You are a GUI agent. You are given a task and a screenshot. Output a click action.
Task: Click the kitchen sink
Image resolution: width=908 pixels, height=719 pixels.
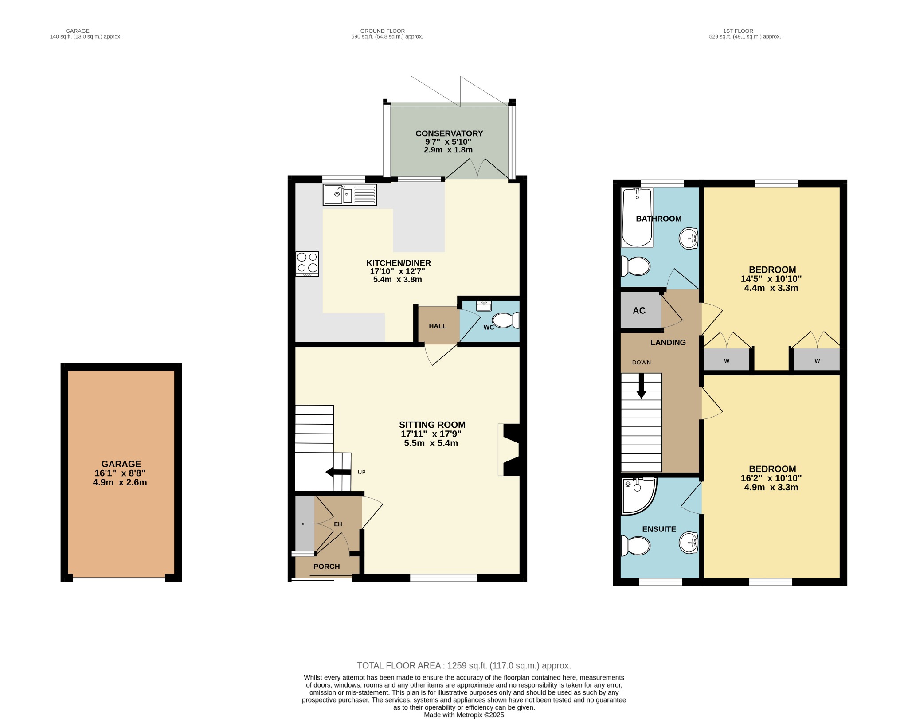pos(350,195)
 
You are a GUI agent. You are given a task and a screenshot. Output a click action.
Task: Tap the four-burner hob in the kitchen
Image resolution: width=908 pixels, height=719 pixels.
pos(307,264)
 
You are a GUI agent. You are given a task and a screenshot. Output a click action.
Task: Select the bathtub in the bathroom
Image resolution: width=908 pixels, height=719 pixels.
pos(637,217)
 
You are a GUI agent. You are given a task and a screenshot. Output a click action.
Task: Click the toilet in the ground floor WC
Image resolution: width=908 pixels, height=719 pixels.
pos(505,320)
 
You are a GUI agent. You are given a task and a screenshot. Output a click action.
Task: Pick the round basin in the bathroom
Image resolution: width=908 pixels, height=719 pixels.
pos(689,238)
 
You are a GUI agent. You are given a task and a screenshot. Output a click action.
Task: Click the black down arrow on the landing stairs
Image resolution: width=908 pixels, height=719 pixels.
pos(641,386)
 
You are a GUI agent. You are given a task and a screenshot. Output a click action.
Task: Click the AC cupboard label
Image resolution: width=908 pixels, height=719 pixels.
pos(639,311)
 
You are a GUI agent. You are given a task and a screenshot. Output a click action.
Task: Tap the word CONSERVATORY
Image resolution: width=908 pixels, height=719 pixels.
pos(449,133)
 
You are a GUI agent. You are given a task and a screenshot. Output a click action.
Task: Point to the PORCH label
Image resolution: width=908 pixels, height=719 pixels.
pos(326,567)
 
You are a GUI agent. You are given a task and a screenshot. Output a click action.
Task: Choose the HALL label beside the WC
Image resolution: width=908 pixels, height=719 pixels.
pos(438,326)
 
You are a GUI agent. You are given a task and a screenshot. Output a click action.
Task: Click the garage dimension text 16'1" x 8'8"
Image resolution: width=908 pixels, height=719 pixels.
pos(120,473)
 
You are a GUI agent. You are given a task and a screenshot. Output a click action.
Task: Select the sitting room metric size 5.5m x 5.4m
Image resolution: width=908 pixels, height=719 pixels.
pos(431,443)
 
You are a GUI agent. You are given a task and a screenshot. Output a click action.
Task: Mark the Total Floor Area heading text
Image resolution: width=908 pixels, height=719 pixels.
pos(464,665)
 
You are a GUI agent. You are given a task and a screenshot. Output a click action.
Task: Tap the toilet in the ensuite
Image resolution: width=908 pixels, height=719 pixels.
pos(635,546)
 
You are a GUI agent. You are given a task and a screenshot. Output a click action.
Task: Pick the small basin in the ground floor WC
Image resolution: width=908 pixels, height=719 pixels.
pos(484,306)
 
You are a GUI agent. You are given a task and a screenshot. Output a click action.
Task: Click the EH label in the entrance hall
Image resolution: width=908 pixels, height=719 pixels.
pos(338,524)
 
